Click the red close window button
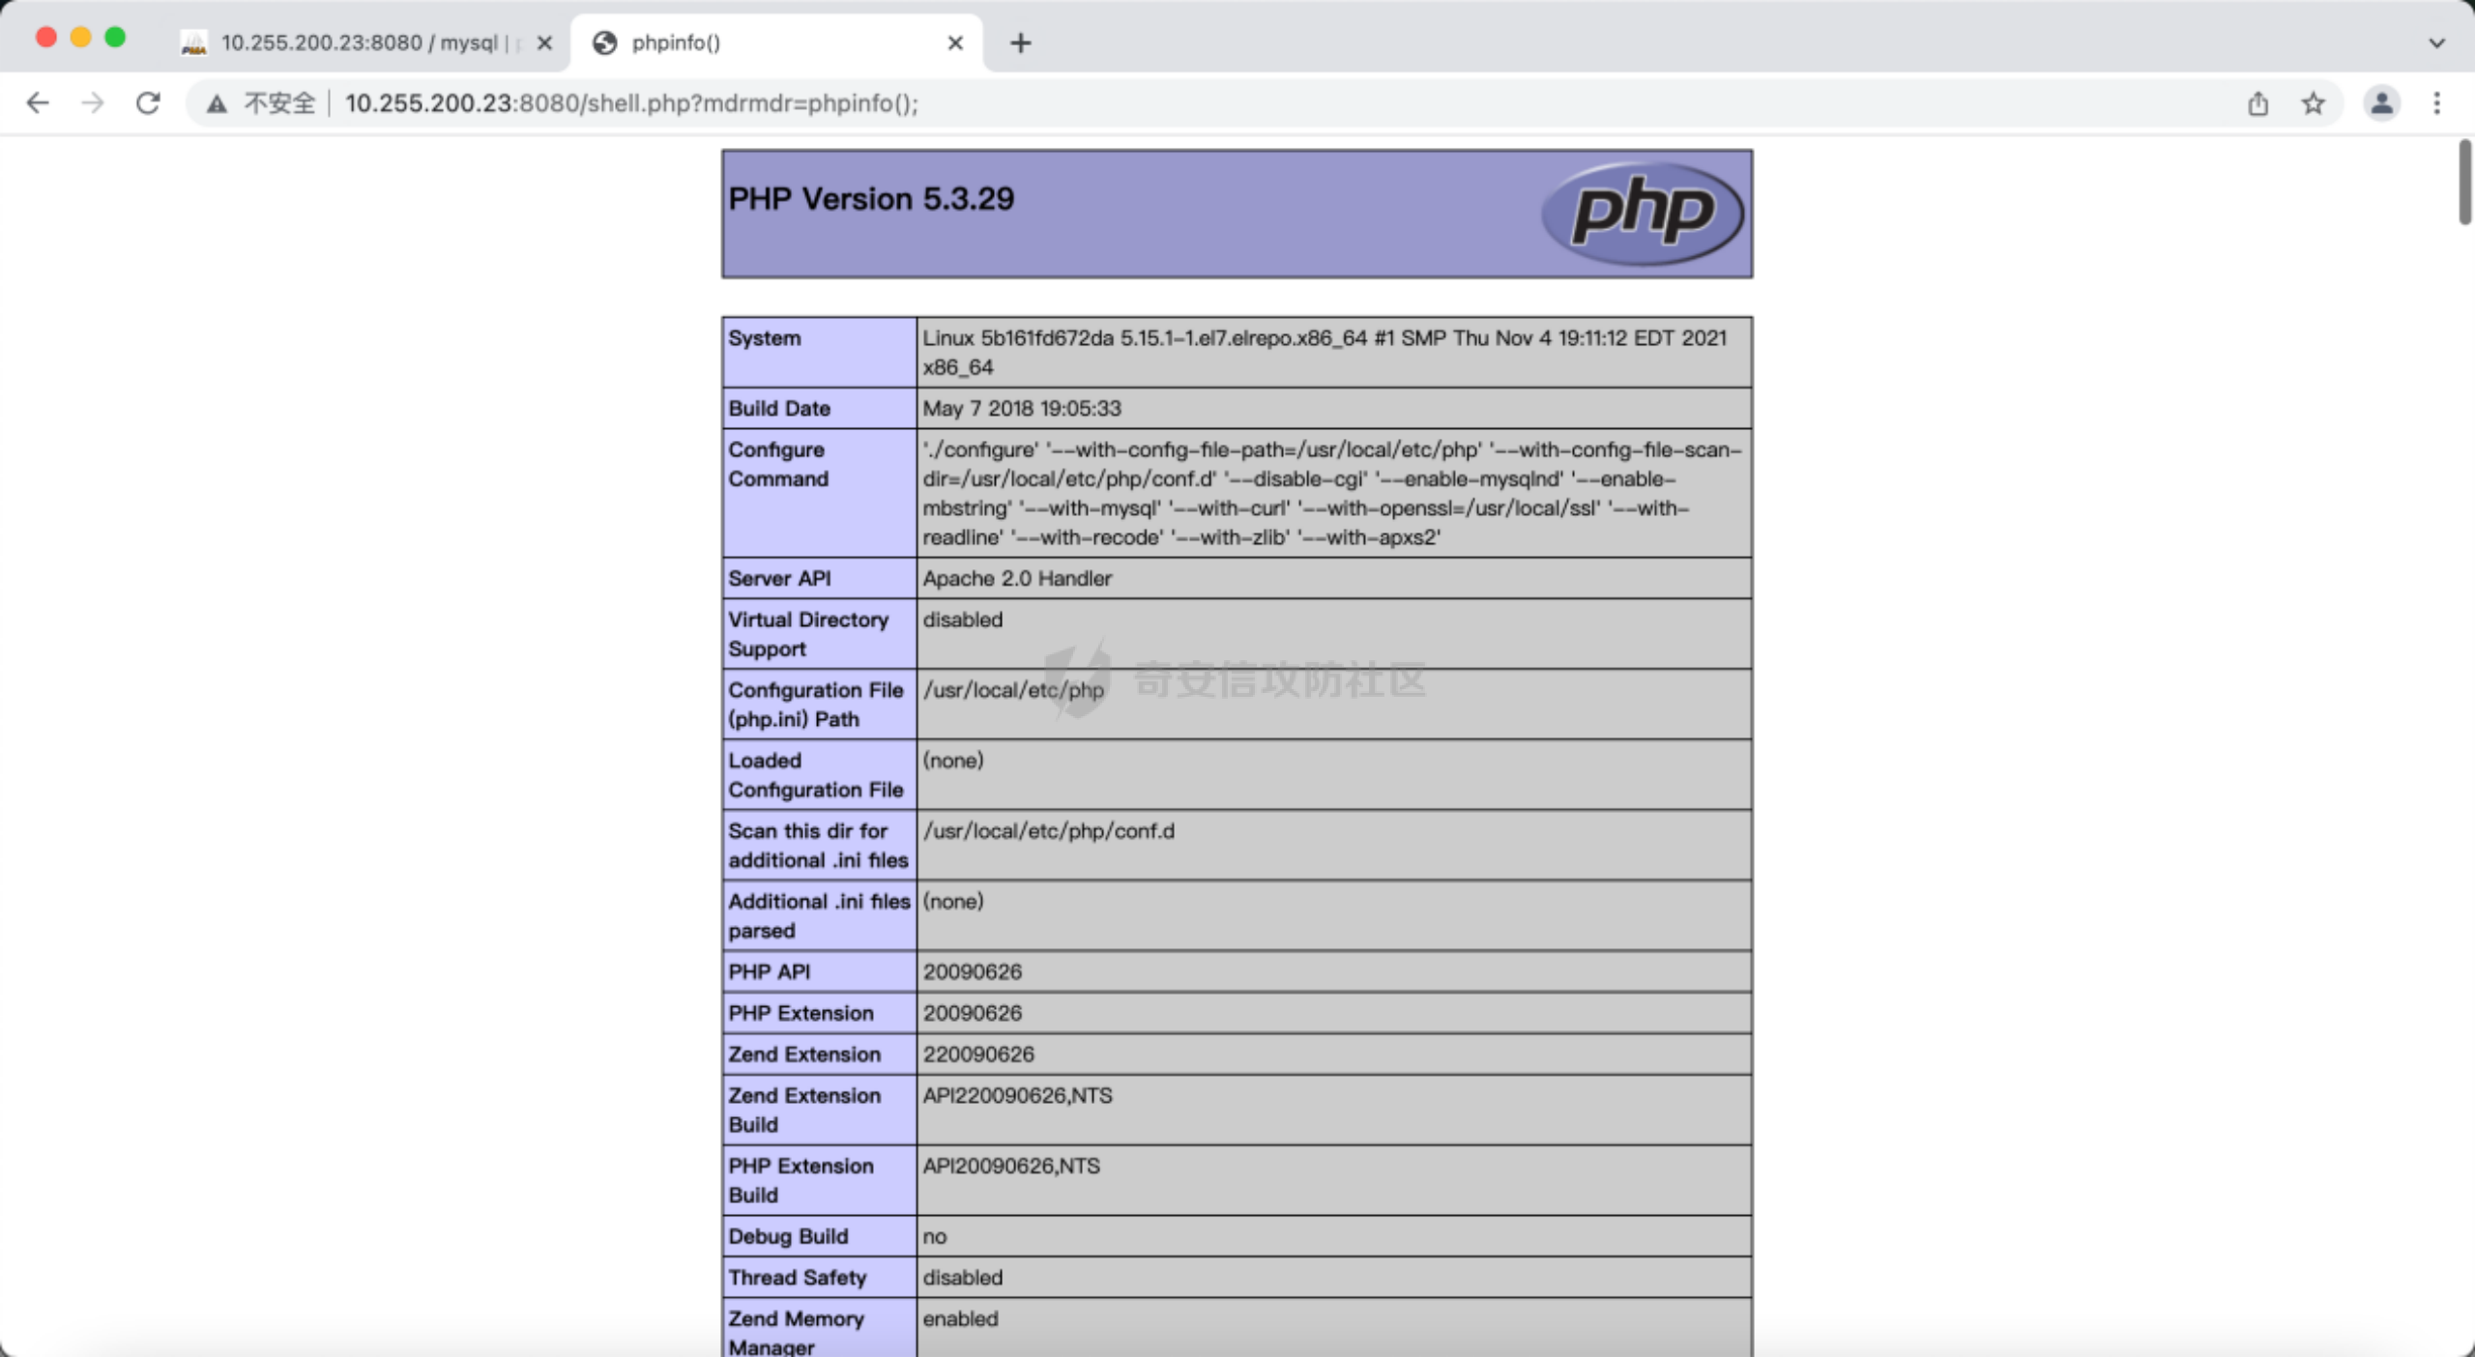click(x=45, y=38)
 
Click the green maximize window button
click(x=115, y=38)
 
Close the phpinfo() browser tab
click(x=955, y=43)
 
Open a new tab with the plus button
click(x=1020, y=43)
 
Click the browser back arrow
click(x=38, y=103)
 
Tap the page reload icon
click(x=148, y=103)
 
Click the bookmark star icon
click(x=2313, y=103)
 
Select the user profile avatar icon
click(x=2381, y=103)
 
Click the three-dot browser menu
click(x=2436, y=103)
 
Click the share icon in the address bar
click(x=2257, y=103)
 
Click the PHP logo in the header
click(x=1642, y=213)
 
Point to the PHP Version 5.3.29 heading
click(x=871, y=199)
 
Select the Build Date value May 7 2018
click(x=1021, y=409)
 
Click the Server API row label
click(x=779, y=579)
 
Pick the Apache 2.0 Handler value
click(x=1017, y=579)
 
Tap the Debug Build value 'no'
click(x=934, y=1237)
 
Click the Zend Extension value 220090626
click(x=977, y=1054)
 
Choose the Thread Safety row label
click(x=797, y=1278)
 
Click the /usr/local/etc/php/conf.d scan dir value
click(x=1048, y=831)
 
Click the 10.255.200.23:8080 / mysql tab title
click(x=359, y=43)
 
